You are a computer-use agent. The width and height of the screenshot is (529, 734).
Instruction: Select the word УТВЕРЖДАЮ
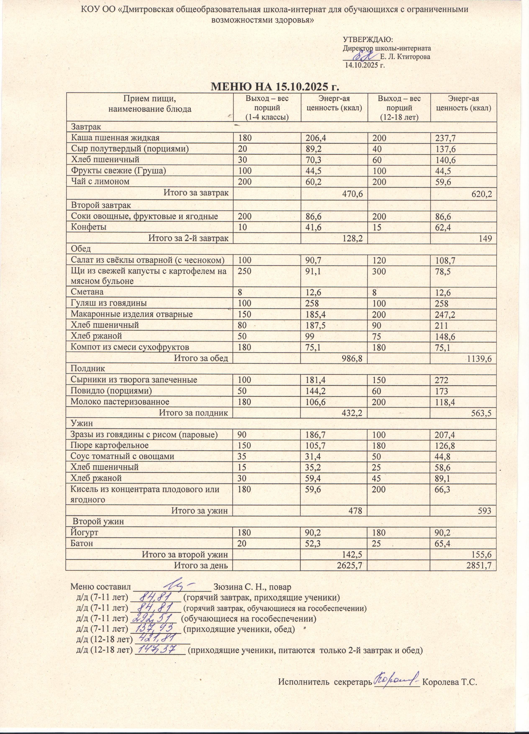[367, 40]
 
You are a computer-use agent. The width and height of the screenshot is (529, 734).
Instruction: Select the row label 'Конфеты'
[89, 227]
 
